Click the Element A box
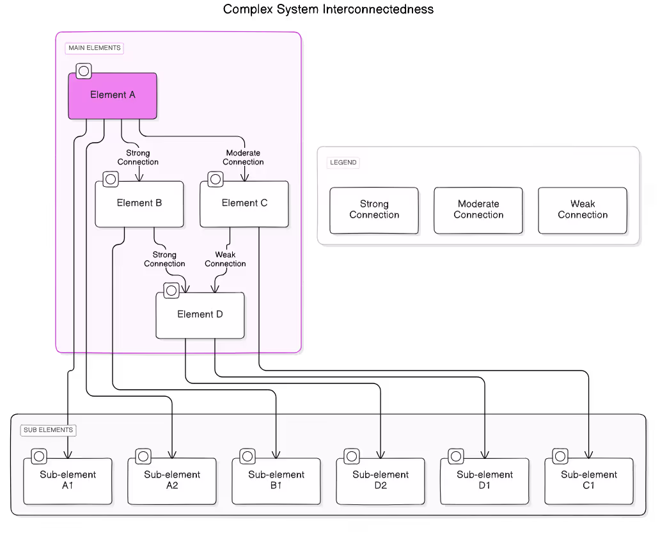click(x=113, y=96)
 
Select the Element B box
click(x=139, y=204)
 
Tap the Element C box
click(x=244, y=204)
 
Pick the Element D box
click(x=200, y=315)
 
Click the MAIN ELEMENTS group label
click(x=94, y=48)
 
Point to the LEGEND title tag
click(x=343, y=163)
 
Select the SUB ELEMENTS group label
click(x=48, y=430)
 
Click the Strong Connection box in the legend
click(x=374, y=210)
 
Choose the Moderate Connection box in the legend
click(x=478, y=210)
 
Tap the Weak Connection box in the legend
click(x=583, y=210)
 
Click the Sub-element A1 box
click(x=68, y=481)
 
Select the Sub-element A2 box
click(x=172, y=481)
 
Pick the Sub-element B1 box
click(x=276, y=481)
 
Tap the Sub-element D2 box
click(x=381, y=481)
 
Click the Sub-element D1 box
click(x=485, y=481)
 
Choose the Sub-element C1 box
click(x=589, y=481)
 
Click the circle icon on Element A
click(x=84, y=71)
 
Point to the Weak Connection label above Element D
click(x=225, y=259)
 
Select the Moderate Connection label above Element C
click(x=243, y=157)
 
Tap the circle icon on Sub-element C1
click(x=560, y=456)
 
